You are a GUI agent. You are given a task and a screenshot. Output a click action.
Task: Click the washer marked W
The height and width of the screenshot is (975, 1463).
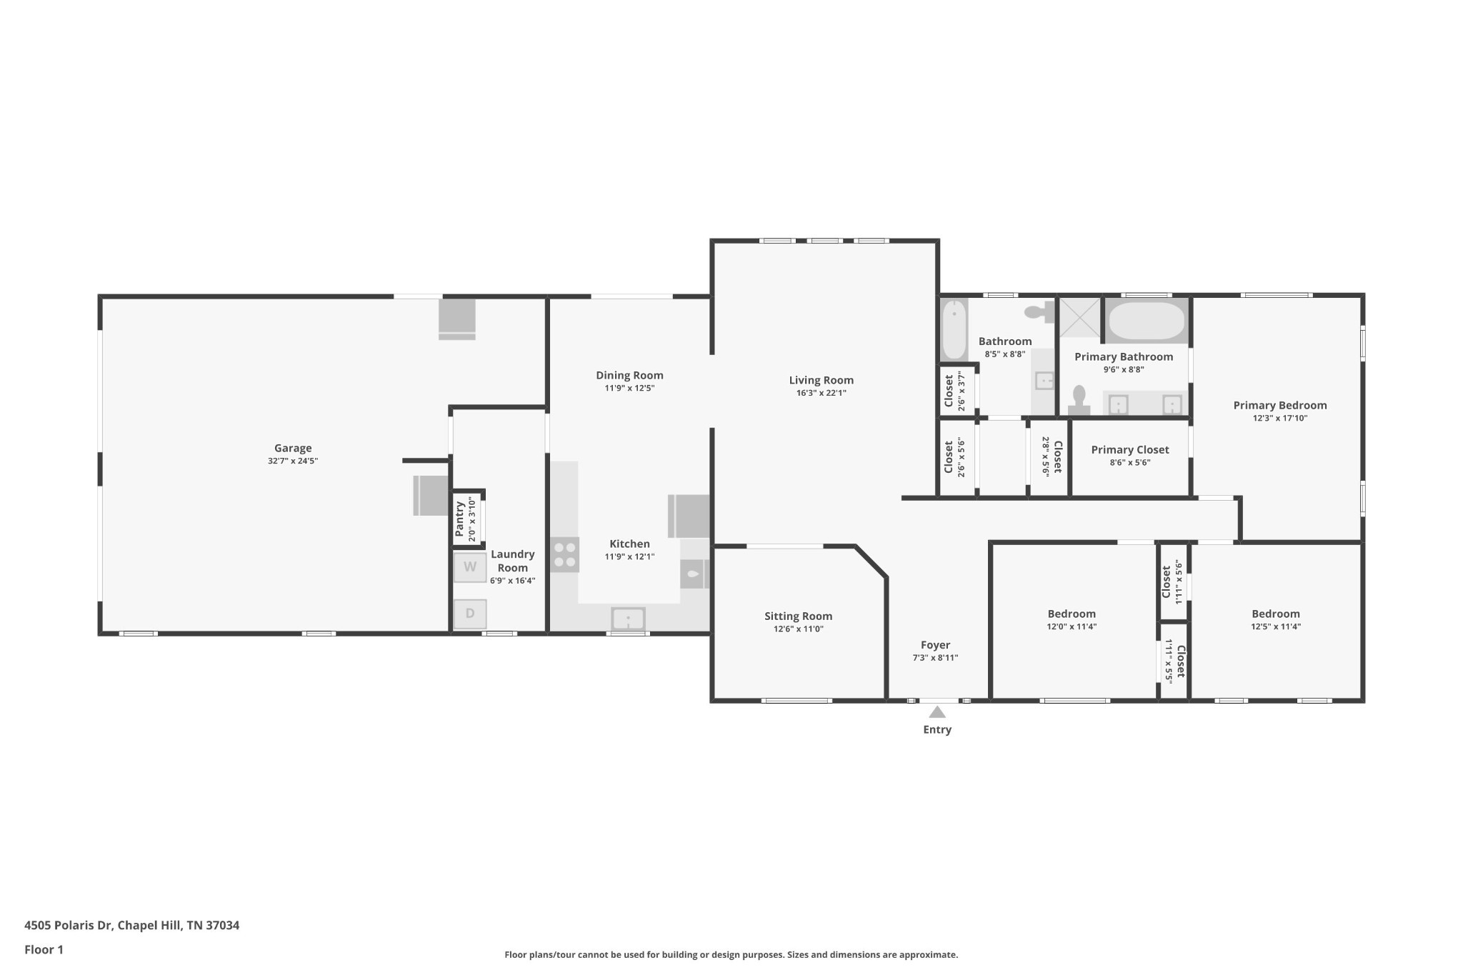click(x=470, y=567)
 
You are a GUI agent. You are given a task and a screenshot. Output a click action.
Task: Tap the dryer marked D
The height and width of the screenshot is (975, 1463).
click(x=470, y=614)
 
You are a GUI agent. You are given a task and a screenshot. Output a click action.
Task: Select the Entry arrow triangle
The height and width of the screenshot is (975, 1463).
click(x=937, y=712)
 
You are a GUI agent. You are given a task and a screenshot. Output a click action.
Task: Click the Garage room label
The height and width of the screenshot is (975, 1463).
click(x=293, y=449)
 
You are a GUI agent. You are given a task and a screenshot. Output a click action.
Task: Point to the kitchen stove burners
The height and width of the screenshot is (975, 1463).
click(x=564, y=555)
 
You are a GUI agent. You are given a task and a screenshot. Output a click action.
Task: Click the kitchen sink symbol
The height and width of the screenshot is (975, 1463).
click(x=628, y=619)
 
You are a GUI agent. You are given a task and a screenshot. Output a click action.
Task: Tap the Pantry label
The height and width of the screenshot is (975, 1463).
click(x=460, y=519)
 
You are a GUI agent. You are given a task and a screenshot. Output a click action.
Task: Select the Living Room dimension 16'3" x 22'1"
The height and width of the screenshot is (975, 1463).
click(x=821, y=393)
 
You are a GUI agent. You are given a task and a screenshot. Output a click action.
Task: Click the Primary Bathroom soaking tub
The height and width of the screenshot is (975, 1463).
click(x=1146, y=321)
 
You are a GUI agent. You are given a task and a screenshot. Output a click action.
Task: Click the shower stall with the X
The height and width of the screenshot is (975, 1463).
click(x=1079, y=318)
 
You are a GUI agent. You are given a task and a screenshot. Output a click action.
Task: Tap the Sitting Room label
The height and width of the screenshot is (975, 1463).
click(x=798, y=616)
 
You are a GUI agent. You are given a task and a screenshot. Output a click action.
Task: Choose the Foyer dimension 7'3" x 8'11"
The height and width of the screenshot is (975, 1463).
click(x=935, y=658)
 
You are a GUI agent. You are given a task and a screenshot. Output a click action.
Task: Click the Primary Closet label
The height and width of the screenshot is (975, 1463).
click(x=1129, y=450)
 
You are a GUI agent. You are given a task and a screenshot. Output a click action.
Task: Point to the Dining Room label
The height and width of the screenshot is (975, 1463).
click(x=629, y=376)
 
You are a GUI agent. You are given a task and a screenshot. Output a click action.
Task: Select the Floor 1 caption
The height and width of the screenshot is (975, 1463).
click(x=44, y=949)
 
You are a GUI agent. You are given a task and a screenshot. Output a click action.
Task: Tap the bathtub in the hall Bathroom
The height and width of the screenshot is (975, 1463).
click(x=954, y=330)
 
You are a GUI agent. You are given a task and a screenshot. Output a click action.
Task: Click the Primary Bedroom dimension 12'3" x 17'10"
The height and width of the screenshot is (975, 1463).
click(x=1279, y=419)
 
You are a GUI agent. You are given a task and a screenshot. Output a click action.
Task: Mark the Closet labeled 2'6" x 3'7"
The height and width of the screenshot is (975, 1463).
click(x=954, y=391)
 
